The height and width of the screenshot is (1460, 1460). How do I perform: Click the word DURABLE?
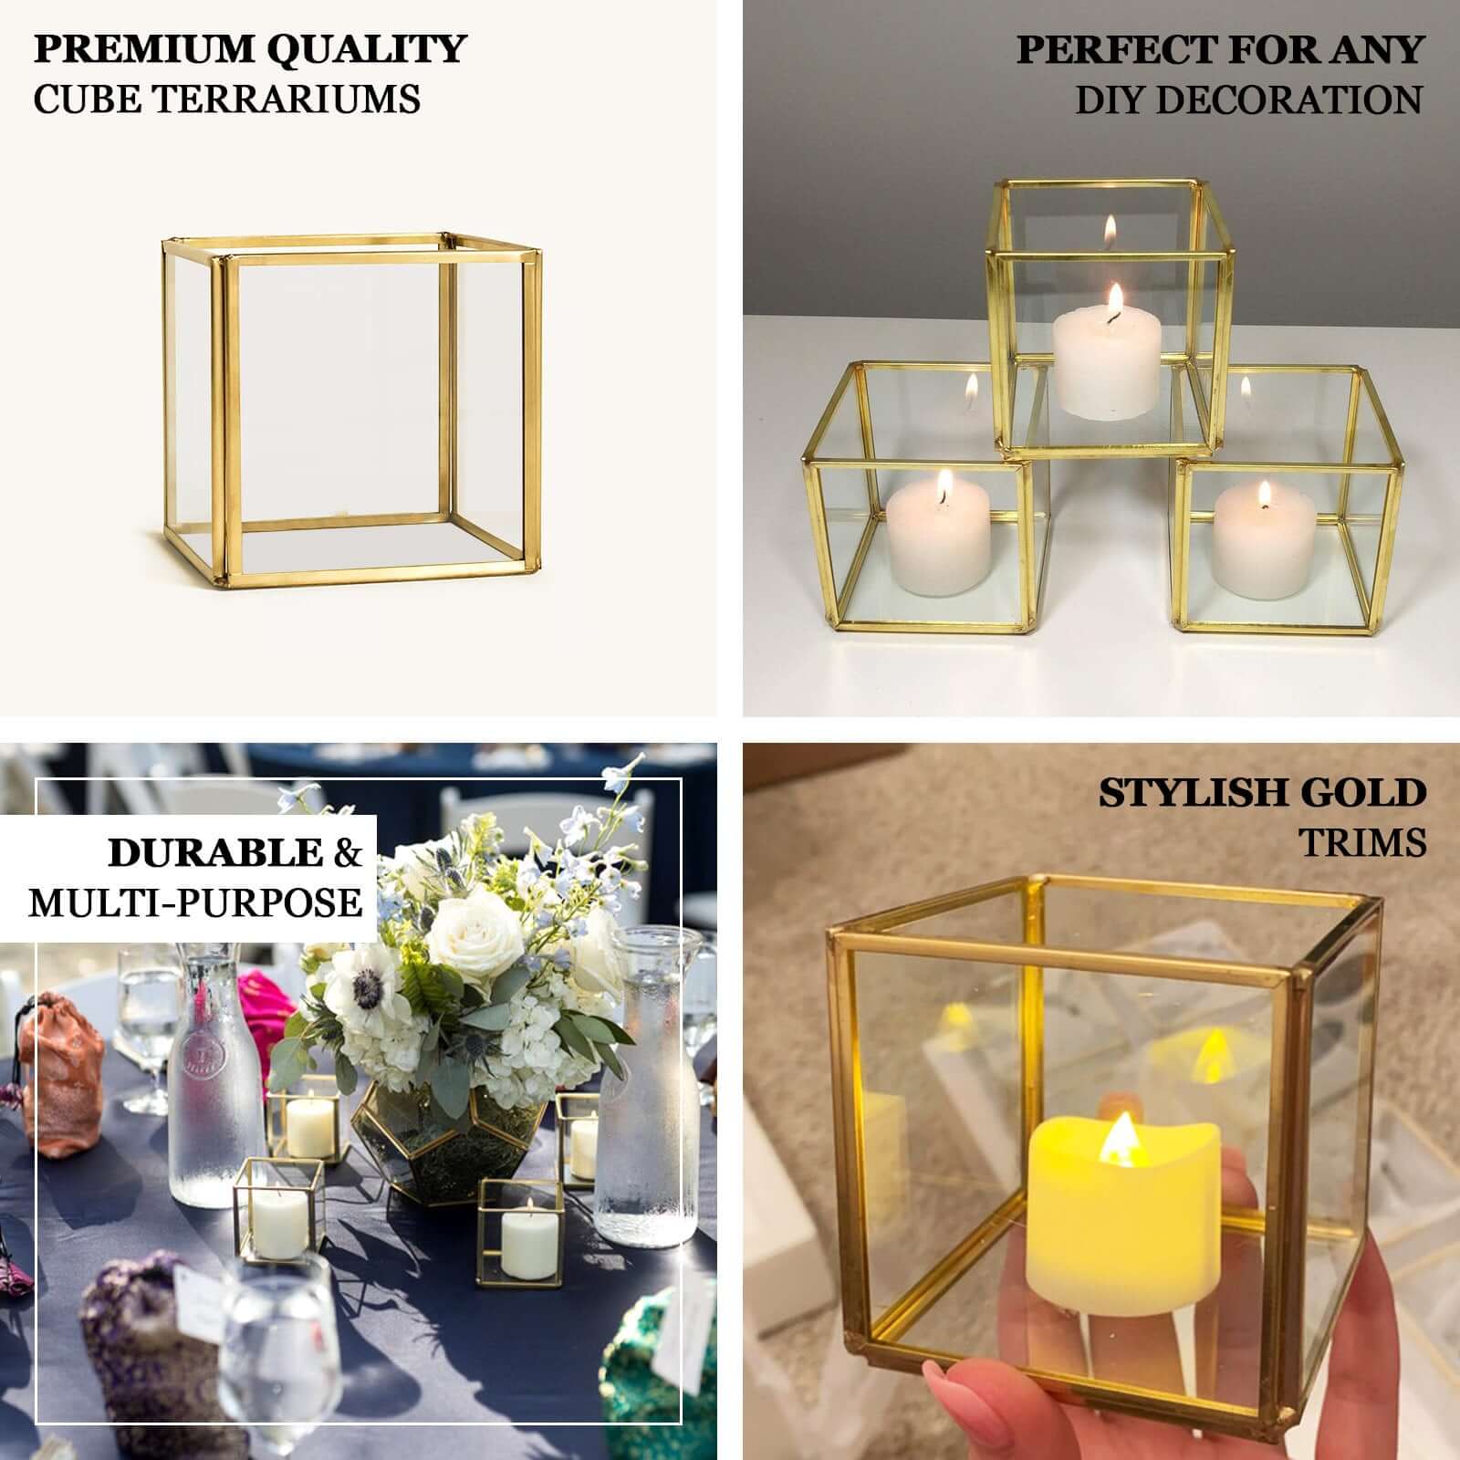[x=215, y=852]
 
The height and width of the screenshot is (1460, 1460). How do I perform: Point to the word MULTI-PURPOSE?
[x=195, y=902]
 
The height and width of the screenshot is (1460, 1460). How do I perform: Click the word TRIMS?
[x=1363, y=842]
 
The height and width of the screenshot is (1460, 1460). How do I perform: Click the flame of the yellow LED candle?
[x=1119, y=1141]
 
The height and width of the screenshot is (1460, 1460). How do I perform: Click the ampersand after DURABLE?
[x=347, y=852]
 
